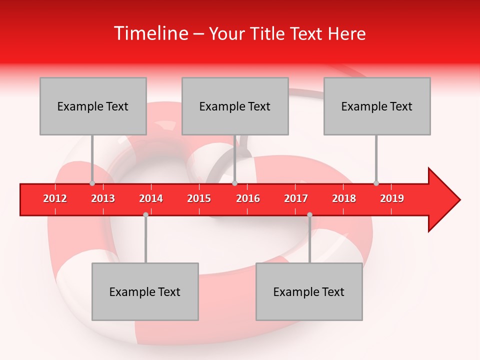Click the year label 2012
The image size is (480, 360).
55,198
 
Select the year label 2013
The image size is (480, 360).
103,198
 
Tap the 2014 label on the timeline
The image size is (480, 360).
151,198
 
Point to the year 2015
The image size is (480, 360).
199,198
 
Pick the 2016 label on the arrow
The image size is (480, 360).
248,198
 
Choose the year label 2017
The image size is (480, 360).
296,198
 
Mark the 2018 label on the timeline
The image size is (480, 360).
344,198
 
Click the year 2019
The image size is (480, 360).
392,198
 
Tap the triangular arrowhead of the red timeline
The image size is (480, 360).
443,200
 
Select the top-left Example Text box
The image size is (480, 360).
93,106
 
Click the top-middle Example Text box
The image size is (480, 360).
235,106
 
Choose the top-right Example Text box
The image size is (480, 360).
377,106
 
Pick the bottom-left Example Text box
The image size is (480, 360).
145,291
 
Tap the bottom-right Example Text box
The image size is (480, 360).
309,291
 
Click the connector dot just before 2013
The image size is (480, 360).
92,183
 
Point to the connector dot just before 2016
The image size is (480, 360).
234,183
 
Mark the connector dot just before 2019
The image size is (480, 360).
376,183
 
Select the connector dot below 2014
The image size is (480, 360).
145,214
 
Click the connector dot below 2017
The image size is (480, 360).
309,214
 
